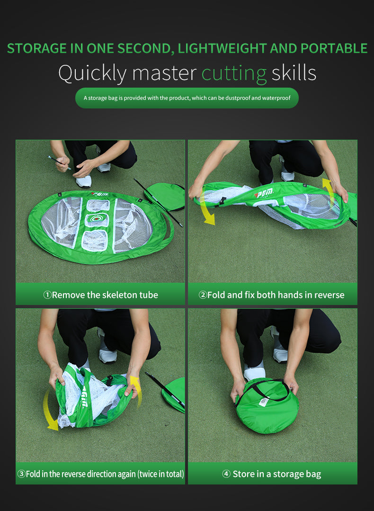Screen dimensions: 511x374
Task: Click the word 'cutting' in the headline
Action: [x=234, y=74]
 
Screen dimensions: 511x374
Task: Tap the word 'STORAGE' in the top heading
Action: [x=37, y=48]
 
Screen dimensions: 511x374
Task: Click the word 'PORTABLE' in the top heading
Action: [x=334, y=48]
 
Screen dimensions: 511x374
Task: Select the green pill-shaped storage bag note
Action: [x=187, y=98]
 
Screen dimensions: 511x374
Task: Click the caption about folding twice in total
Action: [x=100, y=474]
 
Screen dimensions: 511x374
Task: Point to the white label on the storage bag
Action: [x=264, y=402]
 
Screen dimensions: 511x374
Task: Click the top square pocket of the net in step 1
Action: [x=98, y=205]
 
